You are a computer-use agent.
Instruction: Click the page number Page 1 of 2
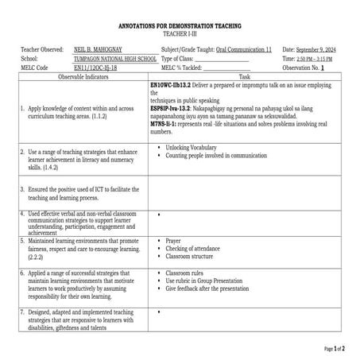pyautogui.click(x=339, y=348)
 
